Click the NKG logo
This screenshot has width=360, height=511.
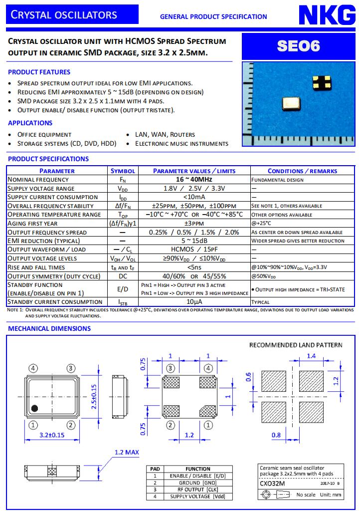click(x=327, y=16)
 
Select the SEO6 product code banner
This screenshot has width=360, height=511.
click(x=299, y=46)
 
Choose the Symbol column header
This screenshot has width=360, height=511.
click(x=123, y=171)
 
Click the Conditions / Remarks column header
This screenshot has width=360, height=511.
click(x=302, y=171)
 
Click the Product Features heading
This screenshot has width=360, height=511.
click(x=39, y=72)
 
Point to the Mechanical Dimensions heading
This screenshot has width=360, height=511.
click(x=49, y=328)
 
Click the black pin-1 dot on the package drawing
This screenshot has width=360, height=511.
click(x=34, y=408)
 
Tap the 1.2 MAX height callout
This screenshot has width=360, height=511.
click(x=126, y=452)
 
